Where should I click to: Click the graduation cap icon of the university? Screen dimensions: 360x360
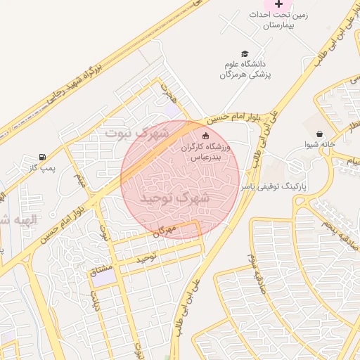point(245,53)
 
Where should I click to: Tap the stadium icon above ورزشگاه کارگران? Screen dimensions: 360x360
point(205,136)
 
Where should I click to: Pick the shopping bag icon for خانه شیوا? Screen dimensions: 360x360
point(320,134)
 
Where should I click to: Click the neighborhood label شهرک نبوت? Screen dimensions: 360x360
point(137,132)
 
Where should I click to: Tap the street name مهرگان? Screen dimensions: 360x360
point(162,231)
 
